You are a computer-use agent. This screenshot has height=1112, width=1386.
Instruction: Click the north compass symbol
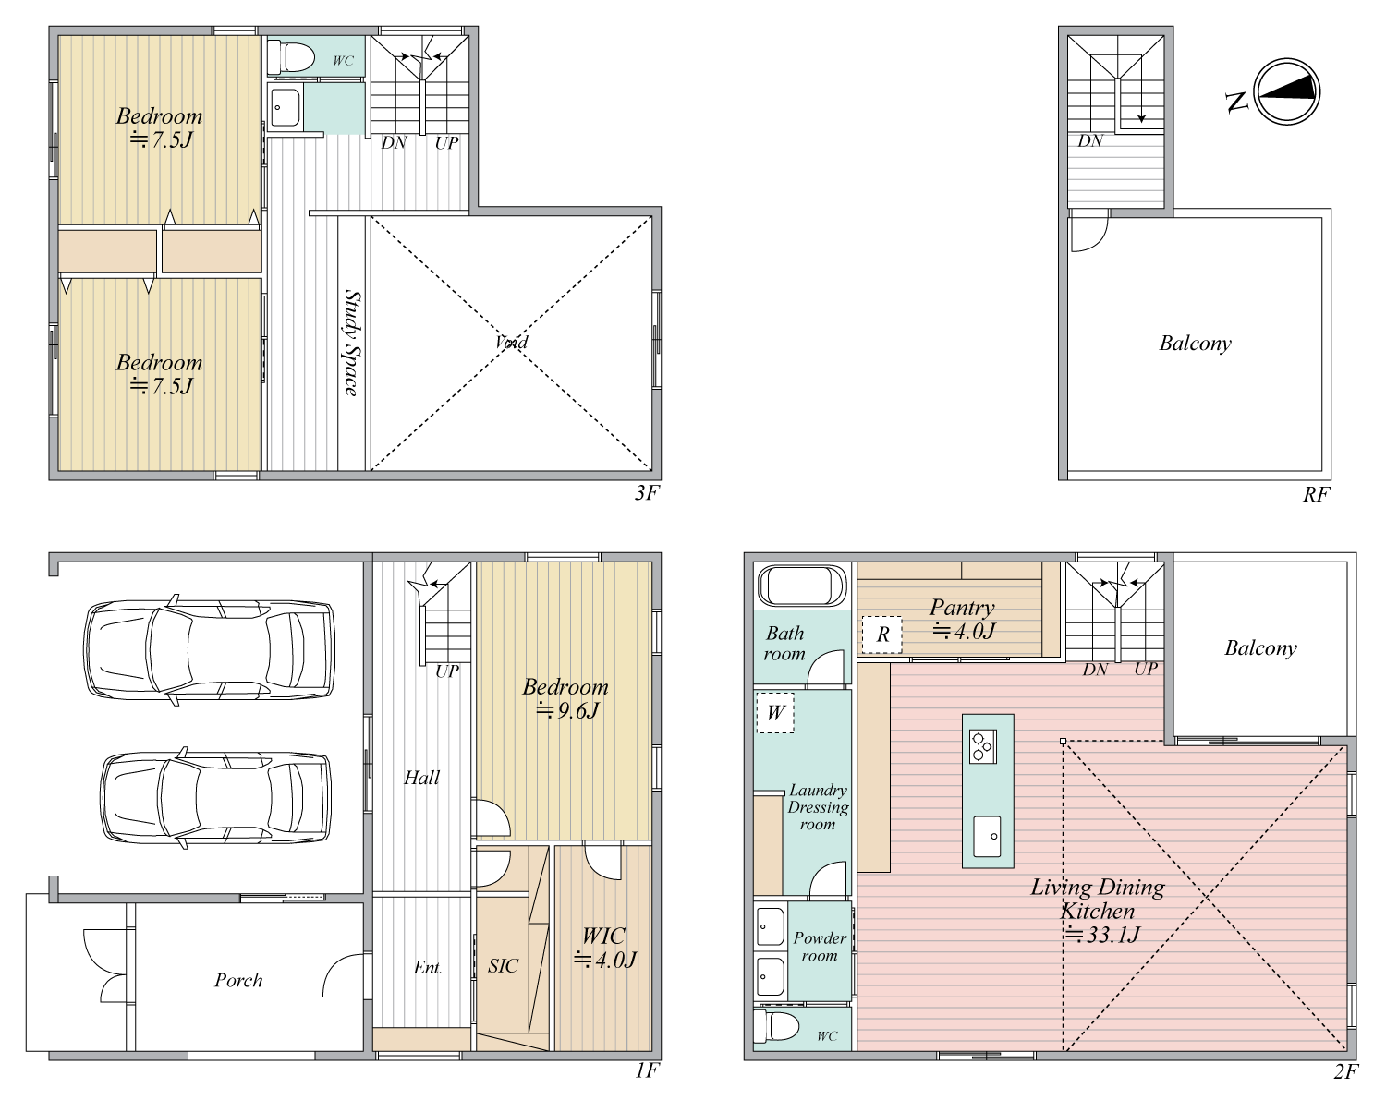coord(1287,91)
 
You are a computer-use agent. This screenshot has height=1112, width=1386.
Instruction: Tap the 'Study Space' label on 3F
coord(352,343)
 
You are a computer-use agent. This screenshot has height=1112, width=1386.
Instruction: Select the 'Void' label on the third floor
coord(511,342)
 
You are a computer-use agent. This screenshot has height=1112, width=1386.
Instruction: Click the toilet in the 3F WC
coord(291,57)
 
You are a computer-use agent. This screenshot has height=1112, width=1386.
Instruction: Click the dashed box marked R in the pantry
coord(881,635)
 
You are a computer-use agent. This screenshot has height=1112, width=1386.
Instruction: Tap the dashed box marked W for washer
coord(775,713)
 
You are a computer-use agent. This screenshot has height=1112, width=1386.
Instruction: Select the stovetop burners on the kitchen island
coord(983,746)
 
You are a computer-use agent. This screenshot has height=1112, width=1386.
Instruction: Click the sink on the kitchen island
coord(987,837)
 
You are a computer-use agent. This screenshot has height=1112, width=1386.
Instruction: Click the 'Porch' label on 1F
coord(238,981)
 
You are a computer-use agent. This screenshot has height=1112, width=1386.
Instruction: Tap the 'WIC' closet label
coord(603,936)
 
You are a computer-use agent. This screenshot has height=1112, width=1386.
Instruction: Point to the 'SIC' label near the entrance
coord(503,966)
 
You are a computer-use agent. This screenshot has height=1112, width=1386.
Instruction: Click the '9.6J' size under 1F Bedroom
coord(568,711)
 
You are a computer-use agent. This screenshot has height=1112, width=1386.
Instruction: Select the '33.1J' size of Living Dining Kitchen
coord(1102,935)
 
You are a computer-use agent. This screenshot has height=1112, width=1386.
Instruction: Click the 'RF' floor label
coord(1317,494)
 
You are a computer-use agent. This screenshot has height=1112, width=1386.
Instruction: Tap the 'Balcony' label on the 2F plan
coord(1260,647)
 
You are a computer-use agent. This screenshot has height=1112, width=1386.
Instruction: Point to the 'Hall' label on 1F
coord(422,778)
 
